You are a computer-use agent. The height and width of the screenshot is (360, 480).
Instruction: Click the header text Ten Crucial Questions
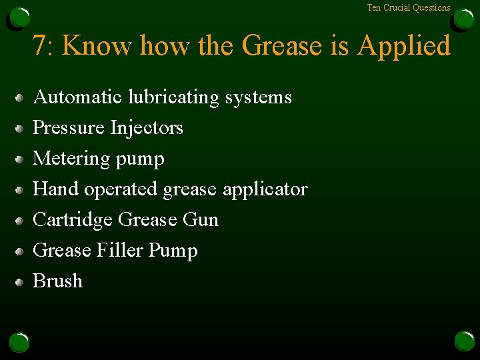point(409,8)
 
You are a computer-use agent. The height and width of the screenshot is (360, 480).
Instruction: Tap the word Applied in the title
point(404,47)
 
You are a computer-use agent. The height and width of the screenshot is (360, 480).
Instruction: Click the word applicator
point(265,190)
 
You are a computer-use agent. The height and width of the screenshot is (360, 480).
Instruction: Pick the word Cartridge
point(73,220)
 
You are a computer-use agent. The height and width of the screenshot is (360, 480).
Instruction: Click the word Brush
point(57,281)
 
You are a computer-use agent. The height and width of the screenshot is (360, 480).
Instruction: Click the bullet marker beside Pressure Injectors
point(21,129)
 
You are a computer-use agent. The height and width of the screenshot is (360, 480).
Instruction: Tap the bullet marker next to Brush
point(21,282)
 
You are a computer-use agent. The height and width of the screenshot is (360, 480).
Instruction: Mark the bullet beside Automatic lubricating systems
point(21,98)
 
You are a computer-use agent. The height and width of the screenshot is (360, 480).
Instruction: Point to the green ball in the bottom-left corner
point(19,342)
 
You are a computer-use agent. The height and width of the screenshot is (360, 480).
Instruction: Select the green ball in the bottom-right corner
point(464,342)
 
